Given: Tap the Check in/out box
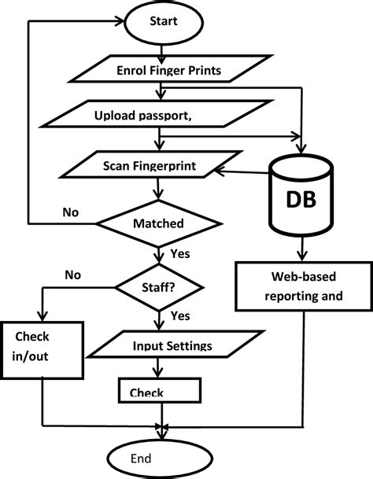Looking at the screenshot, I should pos(31,347).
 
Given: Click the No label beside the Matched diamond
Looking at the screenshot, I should pos(72,212).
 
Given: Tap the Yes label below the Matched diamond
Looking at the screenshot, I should pos(179,254).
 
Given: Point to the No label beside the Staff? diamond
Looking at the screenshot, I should pos(73,275).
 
